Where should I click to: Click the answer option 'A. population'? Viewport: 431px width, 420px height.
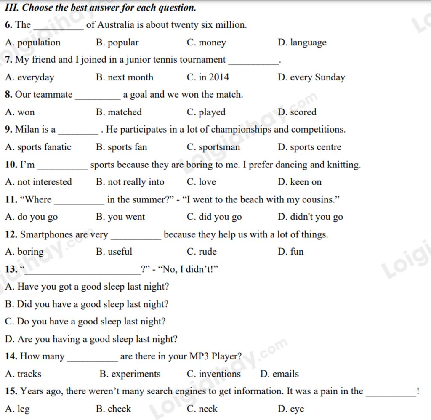click(x=33, y=43)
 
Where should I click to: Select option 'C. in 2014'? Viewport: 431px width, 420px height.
click(x=208, y=77)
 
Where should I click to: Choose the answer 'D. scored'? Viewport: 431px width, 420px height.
click(x=297, y=112)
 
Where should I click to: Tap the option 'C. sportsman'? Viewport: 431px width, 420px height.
click(x=213, y=147)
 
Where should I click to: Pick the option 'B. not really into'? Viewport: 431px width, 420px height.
click(x=130, y=182)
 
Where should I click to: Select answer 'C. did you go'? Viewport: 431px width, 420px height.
click(x=214, y=217)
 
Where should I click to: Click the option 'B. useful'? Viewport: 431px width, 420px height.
click(x=114, y=252)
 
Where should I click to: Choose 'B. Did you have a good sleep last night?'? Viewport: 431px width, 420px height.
click(x=87, y=304)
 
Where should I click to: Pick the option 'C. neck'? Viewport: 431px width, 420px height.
click(x=202, y=409)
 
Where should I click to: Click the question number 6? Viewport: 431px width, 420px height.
click(x=9, y=25)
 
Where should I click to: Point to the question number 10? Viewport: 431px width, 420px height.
click(x=11, y=165)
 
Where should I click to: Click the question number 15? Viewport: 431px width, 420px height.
click(x=11, y=391)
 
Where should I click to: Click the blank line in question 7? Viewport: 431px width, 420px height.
click(x=253, y=63)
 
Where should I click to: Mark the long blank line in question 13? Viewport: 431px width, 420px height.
click(x=83, y=273)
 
